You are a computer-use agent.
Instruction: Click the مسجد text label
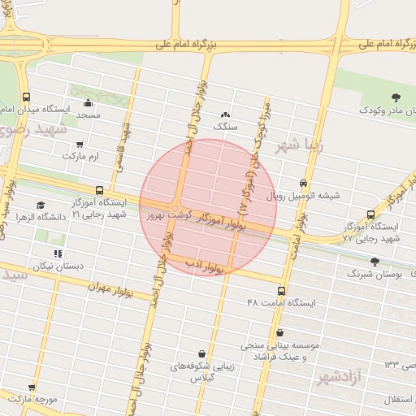(x=88, y=116)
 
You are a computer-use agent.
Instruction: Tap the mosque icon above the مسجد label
(x=88, y=103)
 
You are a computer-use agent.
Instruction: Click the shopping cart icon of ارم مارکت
(x=79, y=143)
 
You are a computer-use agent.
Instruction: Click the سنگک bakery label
(x=223, y=127)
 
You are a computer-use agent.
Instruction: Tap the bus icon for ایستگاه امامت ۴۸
(x=282, y=291)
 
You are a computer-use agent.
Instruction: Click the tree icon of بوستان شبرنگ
(x=374, y=262)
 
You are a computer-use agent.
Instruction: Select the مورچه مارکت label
(x=35, y=401)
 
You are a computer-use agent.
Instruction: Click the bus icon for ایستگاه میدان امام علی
(x=26, y=96)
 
